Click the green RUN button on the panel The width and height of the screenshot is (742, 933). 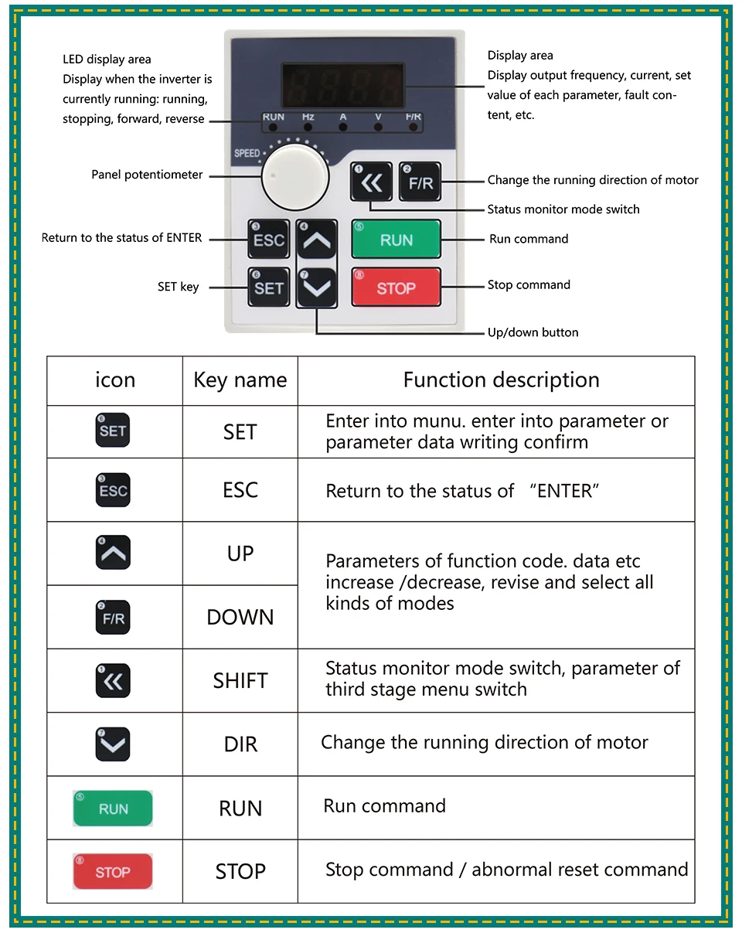coord(396,240)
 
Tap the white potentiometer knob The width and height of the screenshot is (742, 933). coord(284,174)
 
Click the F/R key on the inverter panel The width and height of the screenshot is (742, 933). coord(420,183)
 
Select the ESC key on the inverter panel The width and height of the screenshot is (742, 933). coord(268,240)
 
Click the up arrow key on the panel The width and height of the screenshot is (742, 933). coord(317,240)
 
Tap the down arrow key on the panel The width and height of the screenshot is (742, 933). coord(317,288)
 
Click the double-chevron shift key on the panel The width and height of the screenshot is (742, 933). coord(372,183)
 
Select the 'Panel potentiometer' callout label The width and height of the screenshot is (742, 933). coord(147,175)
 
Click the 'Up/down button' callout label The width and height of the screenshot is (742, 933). coord(533,332)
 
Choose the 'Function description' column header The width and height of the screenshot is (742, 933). coord(501,380)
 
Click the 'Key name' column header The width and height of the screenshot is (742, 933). coord(240,380)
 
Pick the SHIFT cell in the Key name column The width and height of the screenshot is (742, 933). coord(240,681)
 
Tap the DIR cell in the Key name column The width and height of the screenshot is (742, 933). coord(240,744)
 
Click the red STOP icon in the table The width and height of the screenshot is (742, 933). coord(113,872)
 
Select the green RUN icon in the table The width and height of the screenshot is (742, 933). coord(113,809)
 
